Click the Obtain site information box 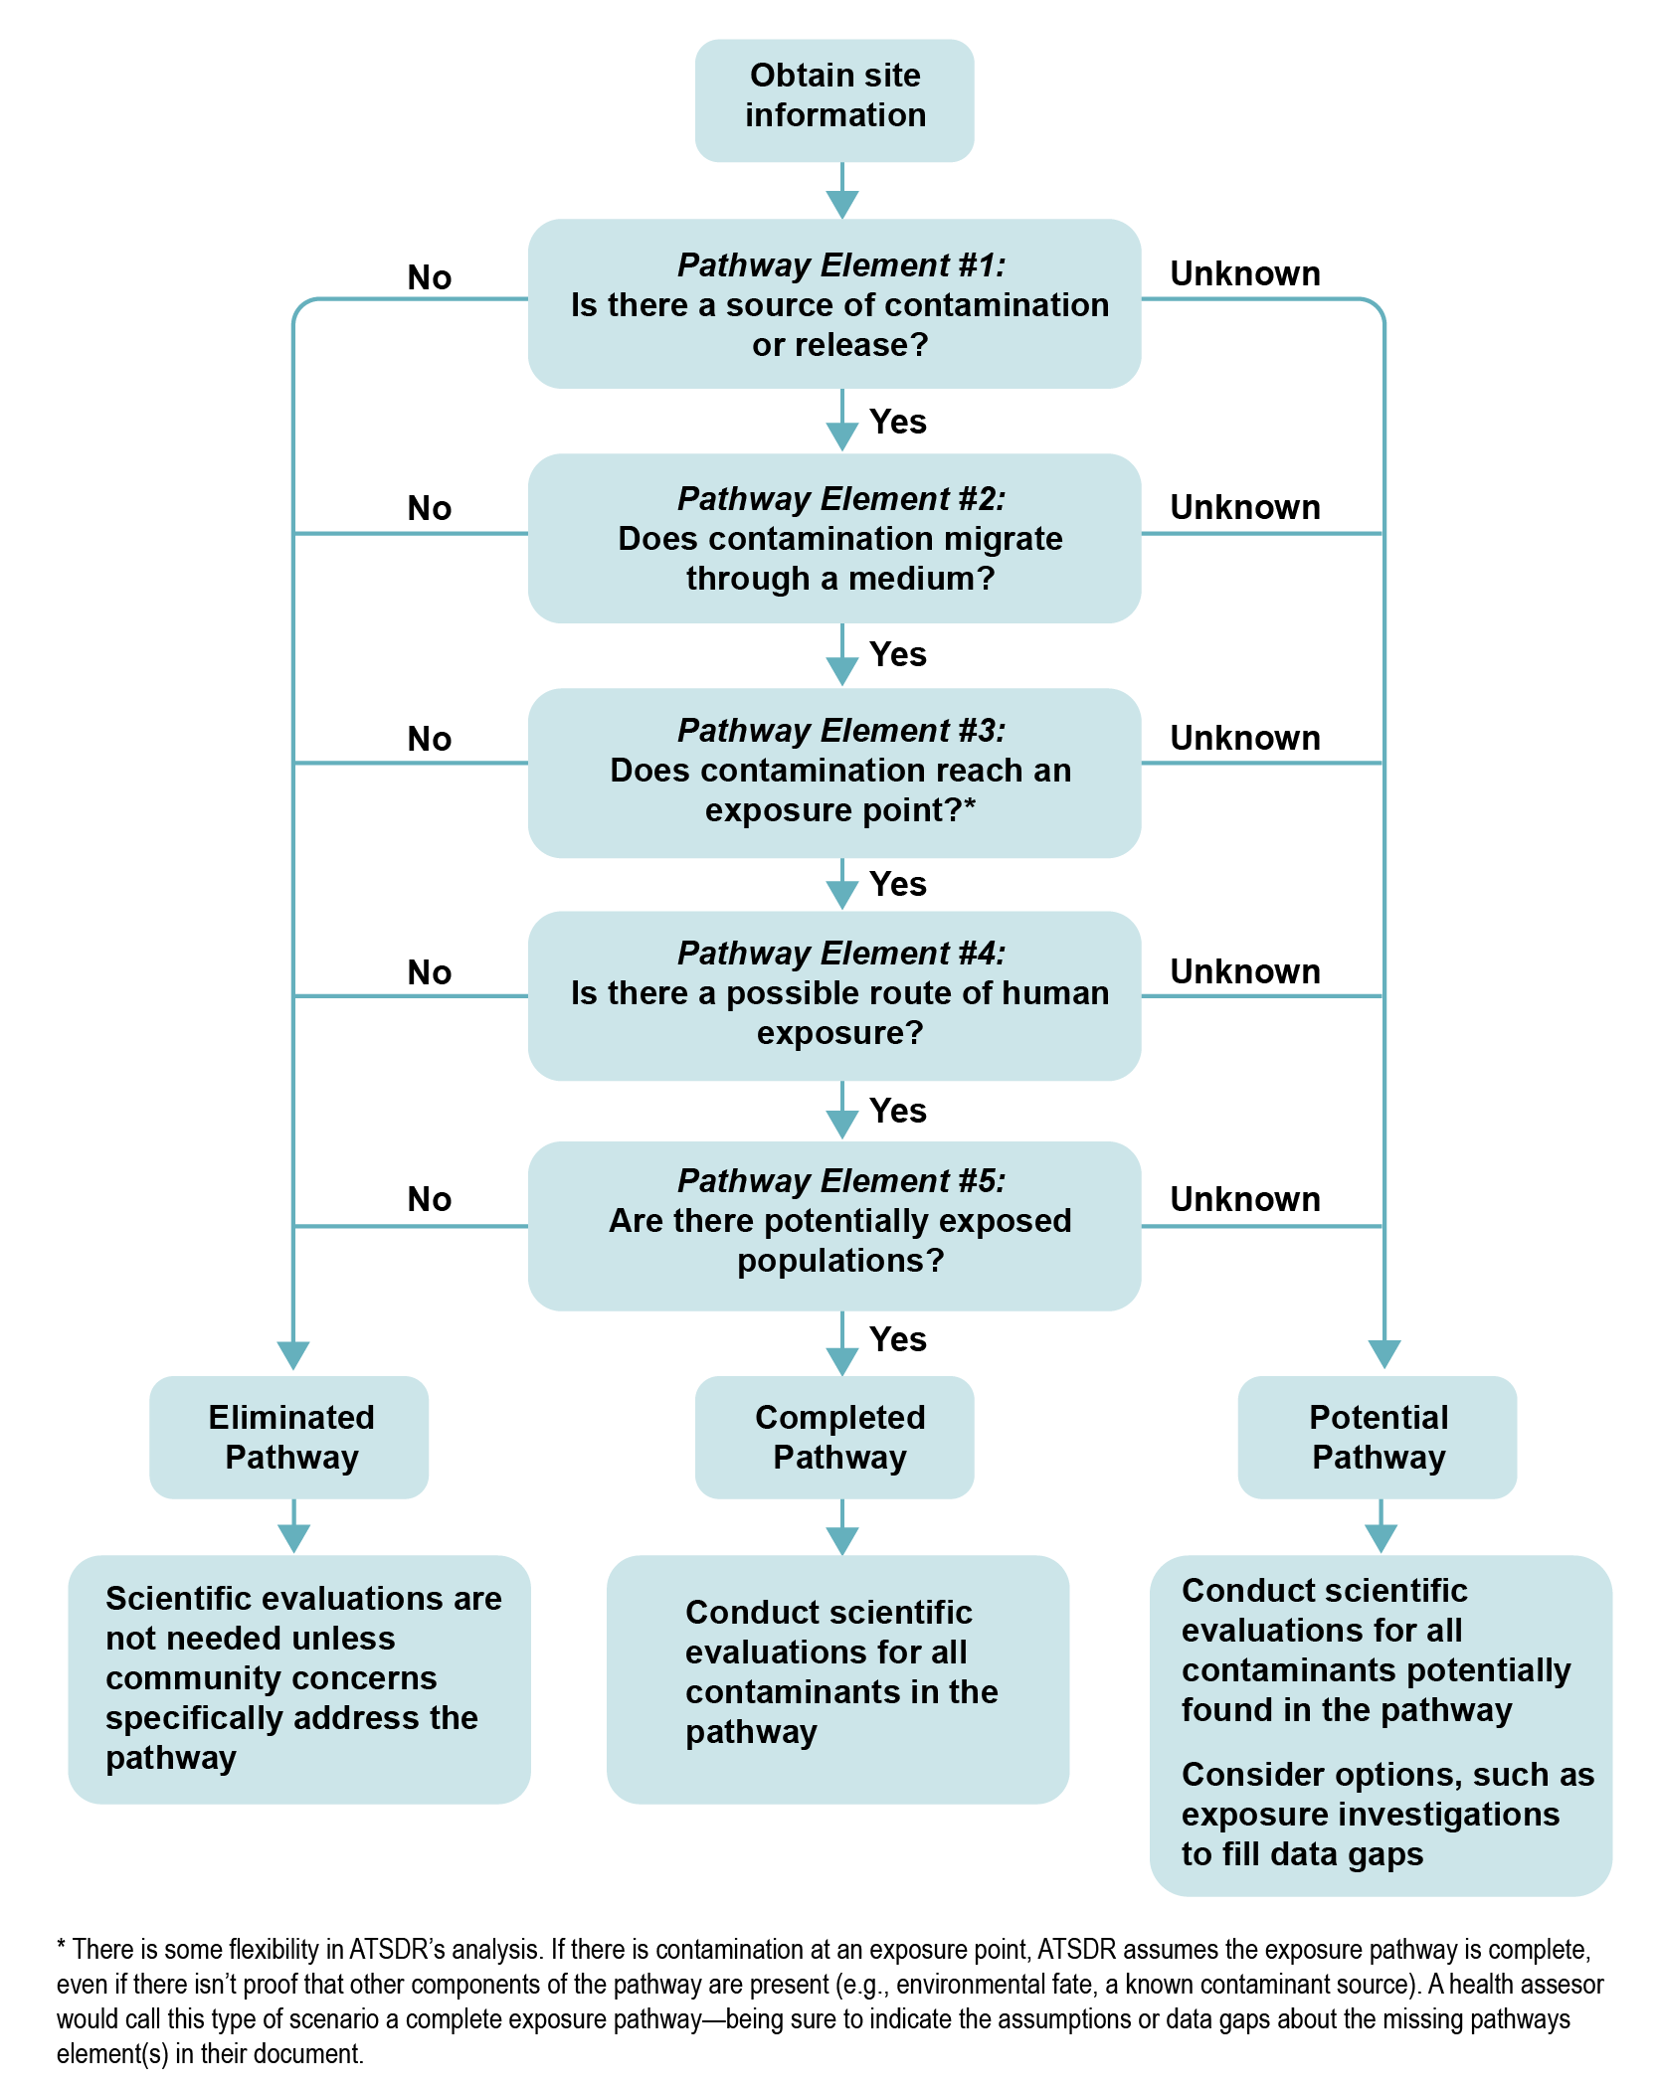point(833,99)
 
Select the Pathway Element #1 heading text point(840,265)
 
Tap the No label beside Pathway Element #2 point(429,508)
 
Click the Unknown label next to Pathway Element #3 point(1244,738)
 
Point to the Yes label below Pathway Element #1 point(897,422)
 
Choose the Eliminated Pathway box point(289,1437)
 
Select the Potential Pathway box point(1378,1437)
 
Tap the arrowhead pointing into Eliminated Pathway point(293,1355)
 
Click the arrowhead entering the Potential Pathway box point(1383,1353)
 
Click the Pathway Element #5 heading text point(840,1181)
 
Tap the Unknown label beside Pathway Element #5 point(1244,1199)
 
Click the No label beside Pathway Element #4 point(429,972)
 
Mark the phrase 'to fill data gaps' point(1302,1854)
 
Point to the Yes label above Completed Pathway point(897,1339)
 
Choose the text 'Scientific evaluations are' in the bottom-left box point(303,1598)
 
